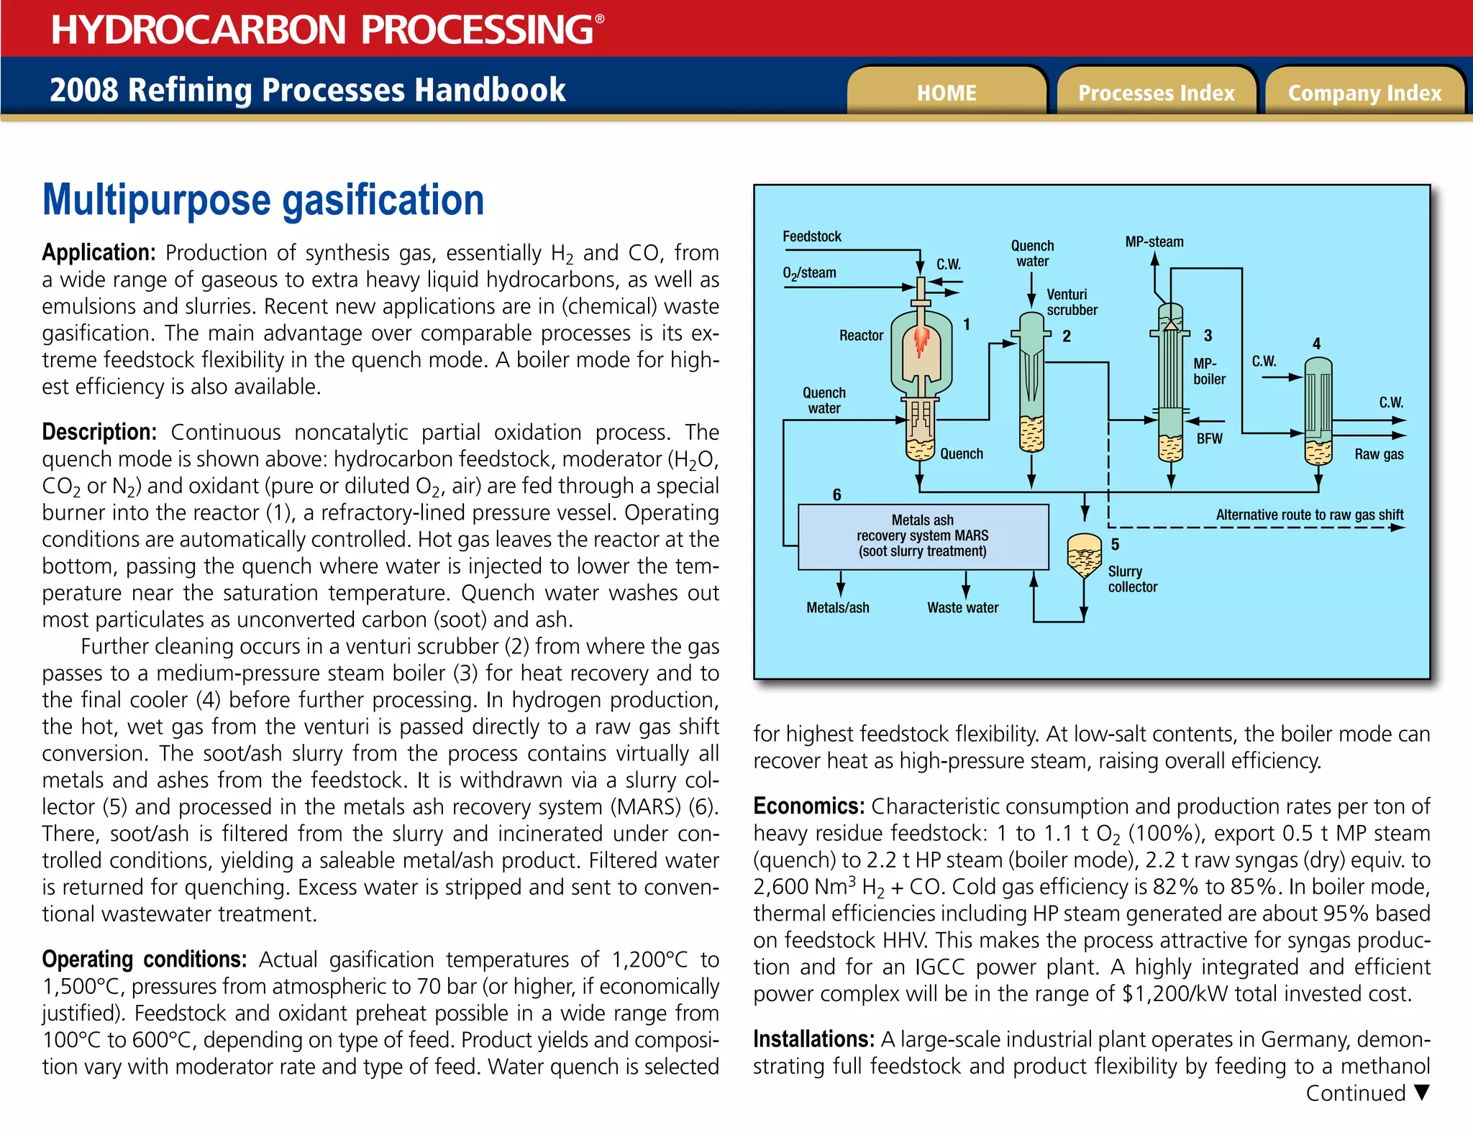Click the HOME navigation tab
947,93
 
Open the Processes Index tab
1156,93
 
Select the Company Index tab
1364,93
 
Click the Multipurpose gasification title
263,200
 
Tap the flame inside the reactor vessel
921,341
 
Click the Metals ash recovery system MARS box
923,536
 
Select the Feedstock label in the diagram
811,236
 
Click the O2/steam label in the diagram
809,273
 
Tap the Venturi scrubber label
1072,302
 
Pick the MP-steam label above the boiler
1154,242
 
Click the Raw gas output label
1379,454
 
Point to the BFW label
1209,438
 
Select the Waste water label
962,608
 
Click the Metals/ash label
837,608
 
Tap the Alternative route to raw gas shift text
1309,515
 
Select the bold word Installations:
813,1039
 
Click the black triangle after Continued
1420,1092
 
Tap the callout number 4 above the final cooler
1316,344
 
